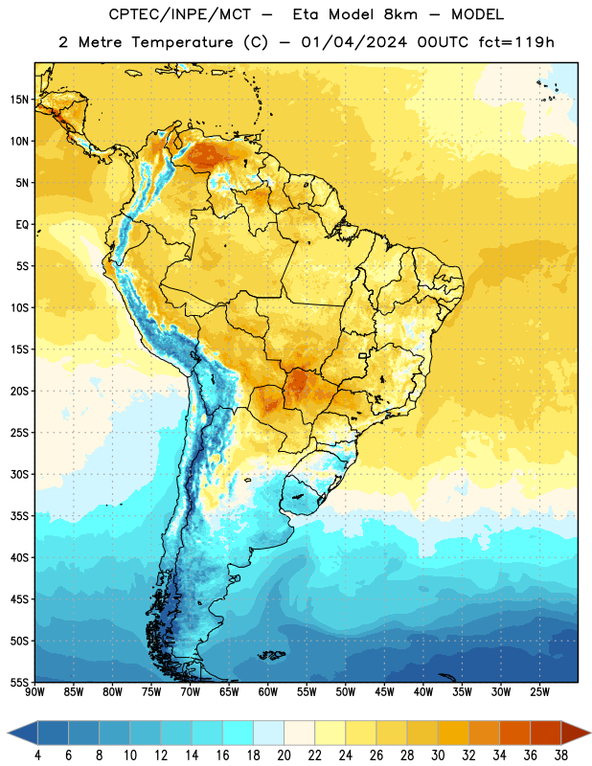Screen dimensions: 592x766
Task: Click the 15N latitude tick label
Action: coord(19,100)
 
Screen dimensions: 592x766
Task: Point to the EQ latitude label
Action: coord(22,225)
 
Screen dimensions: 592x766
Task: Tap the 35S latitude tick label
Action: coord(19,516)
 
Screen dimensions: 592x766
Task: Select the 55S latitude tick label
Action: coord(19,682)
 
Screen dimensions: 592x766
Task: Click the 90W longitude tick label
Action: coord(34,692)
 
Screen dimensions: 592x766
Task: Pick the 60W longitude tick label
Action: coord(268,692)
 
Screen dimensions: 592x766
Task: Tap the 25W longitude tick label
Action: coord(539,692)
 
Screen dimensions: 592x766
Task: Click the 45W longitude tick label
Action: coord(385,692)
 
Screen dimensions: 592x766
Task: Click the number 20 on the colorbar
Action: coord(284,755)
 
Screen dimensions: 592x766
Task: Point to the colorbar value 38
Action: coord(560,755)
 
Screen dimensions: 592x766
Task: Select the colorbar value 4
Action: coord(37,755)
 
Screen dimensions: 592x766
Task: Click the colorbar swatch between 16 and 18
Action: coord(239,732)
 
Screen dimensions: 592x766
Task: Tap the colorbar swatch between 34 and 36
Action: coord(514,732)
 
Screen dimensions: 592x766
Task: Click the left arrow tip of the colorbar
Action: coord(8,732)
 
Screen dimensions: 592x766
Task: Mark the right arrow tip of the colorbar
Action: coord(591,732)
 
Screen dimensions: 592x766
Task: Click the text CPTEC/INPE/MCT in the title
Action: coord(180,14)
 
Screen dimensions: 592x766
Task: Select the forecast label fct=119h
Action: coord(516,42)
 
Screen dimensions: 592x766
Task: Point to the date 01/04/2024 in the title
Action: coord(353,42)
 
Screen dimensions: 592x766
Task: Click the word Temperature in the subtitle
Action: coord(182,42)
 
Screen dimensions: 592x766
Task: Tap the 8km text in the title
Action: coord(400,14)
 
